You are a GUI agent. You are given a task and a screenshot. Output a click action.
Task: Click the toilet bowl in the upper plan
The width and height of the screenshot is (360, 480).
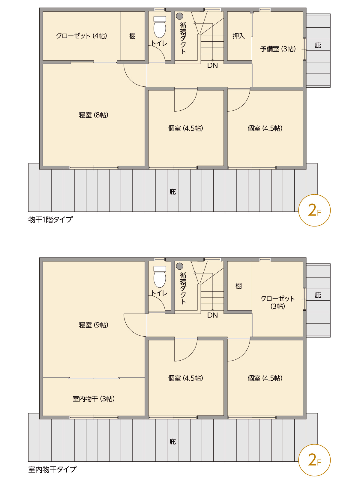(x=160, y=29)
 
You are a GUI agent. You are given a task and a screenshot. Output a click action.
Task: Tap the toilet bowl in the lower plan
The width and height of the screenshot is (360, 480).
(x=160, y=280)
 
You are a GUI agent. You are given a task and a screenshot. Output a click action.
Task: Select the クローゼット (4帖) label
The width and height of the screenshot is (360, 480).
(x=82, y=36)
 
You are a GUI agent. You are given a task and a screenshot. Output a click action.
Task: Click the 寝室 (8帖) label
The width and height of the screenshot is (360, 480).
(x=94, y=115)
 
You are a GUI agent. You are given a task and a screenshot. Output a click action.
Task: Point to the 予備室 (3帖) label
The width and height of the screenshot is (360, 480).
(x=278, y=49)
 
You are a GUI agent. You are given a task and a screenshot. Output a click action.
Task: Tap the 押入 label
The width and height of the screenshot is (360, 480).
(x=238, y=36)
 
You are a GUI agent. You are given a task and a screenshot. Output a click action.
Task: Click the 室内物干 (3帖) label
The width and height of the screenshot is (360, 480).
(x=94, y=399)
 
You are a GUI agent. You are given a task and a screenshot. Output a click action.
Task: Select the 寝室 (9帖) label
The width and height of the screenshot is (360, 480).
(x=94, y=325)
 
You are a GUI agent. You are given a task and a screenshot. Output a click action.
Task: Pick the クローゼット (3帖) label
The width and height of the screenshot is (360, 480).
(x=277, y=302)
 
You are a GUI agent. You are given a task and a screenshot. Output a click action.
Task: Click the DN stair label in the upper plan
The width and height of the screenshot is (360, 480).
(x=212, y=65)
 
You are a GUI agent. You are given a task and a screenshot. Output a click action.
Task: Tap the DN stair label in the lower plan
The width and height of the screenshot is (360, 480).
(x=212, y=315)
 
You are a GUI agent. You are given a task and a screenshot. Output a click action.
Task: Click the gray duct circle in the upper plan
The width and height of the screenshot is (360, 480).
(x=180, y=16)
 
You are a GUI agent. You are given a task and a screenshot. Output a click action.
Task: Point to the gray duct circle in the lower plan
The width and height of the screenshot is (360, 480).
(x=180, y=266)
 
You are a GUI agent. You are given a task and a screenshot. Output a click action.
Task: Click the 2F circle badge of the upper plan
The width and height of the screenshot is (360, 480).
(x=314, y=210)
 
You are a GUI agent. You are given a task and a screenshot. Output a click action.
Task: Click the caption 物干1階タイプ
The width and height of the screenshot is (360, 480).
(x=50, y=219)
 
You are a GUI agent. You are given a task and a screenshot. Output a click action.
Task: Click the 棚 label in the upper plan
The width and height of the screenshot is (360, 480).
(x=133, y=36)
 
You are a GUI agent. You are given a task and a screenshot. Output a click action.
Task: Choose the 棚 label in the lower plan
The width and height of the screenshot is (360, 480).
(x=239, y=286)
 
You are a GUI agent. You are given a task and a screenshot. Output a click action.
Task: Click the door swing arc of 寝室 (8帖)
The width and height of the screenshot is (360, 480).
(x=130, y=80)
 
